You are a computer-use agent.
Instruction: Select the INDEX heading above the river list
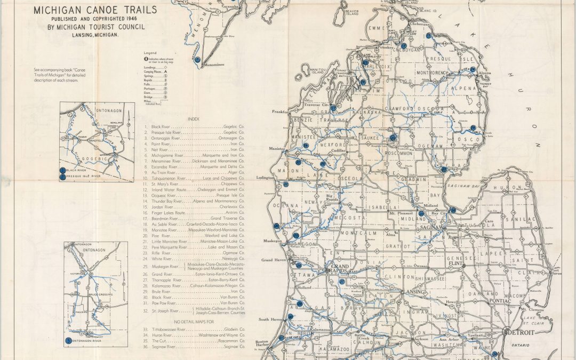[194, 119]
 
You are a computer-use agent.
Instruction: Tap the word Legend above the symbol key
[149, 52]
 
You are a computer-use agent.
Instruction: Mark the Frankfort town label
[279, 112]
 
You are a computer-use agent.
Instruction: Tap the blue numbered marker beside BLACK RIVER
[63, 170]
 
